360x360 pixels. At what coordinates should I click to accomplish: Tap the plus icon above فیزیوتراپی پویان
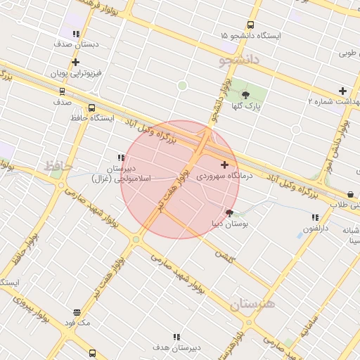tap(75, 62)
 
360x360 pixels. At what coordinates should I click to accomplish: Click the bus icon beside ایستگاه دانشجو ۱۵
tap(251, 24)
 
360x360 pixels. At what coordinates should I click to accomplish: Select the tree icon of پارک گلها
tap(245, 95)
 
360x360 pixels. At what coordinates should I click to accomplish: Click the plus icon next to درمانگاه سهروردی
tap(224, 165)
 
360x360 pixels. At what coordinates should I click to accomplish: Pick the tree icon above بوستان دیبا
tap(229, 212)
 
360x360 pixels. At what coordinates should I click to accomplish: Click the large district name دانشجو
tap(239, 62)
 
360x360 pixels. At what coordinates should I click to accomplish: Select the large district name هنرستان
tap(252, 304)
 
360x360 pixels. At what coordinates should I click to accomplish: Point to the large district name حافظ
tap(58, 166)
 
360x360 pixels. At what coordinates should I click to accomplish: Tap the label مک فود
tap(77, 323)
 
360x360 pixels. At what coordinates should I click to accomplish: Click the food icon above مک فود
tap(77, 312)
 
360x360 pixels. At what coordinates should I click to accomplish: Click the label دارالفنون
tap(316, 229)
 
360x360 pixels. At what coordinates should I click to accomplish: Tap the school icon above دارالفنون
tap(314, 217)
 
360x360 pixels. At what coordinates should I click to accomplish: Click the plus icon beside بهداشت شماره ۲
tap(342, 91)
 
